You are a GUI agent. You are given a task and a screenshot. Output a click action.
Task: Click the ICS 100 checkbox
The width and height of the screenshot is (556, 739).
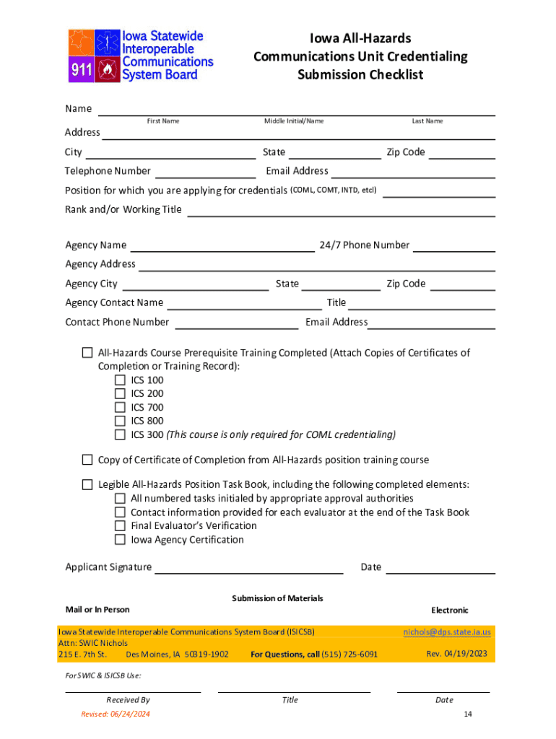click(x=120, y=380)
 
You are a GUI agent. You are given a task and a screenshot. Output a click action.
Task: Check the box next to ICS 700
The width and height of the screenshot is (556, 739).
click(x=120, y=408)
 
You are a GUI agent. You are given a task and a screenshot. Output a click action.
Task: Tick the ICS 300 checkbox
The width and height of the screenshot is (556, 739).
click(x=120, y=435)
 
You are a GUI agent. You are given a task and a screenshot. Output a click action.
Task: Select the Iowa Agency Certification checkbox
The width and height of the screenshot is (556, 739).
click(x=120, y=540)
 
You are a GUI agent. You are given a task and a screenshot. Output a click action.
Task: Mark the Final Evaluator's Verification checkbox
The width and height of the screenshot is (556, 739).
click(x=120, y=526)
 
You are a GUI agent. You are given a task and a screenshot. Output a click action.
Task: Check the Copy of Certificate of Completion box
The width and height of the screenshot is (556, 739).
click(x=87, y=460)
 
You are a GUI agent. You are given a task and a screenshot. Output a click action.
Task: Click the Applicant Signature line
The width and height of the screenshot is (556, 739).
click(x=249, y=568)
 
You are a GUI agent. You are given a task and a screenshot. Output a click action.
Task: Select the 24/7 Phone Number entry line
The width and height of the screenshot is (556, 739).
click(x=453, y=246)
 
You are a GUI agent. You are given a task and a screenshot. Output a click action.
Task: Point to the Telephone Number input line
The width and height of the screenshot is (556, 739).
click(x=205, y=172)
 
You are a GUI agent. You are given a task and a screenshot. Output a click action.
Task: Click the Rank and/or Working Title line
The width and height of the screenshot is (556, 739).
click(x=341, y=211)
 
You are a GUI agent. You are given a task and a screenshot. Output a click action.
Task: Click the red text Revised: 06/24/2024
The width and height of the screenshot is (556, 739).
click(x=116, y=714)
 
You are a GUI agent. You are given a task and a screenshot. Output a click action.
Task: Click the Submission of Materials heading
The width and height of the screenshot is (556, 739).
click(x=277, y=598)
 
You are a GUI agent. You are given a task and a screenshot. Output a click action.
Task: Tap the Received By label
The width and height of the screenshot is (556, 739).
click(x=128, y=699)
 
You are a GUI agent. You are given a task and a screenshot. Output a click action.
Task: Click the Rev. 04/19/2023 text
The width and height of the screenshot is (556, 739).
click(x=457, y=654)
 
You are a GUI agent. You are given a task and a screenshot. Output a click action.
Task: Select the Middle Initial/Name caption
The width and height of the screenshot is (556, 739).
click(x=294, y=121)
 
